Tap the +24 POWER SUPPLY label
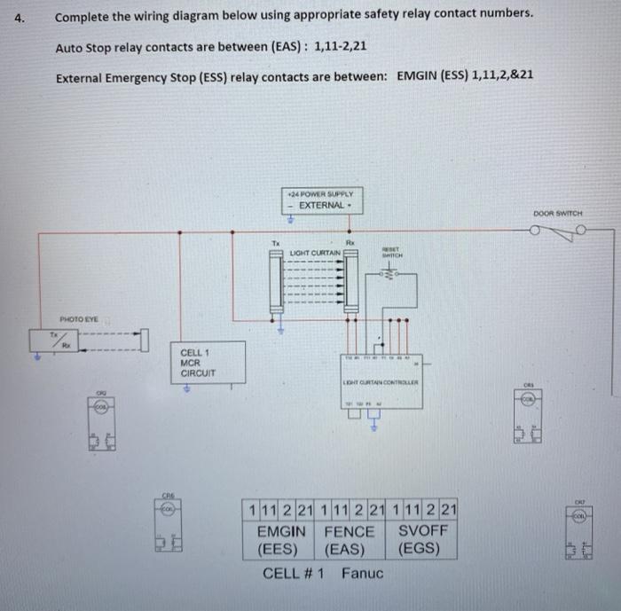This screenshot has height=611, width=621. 321,192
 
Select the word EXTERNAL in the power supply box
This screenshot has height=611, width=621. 321,205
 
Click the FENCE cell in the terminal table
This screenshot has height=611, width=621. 349,531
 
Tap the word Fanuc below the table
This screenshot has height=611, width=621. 362,573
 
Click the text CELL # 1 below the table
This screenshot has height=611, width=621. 293,573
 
